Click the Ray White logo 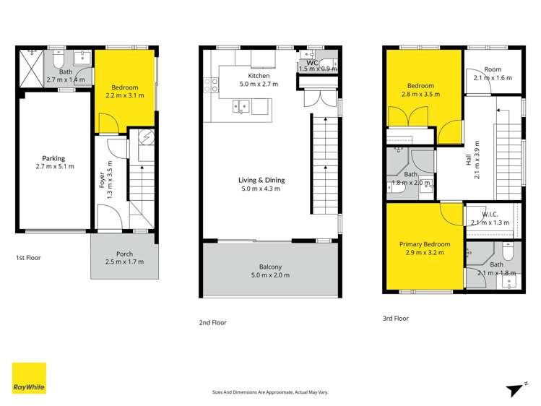click(29, 378)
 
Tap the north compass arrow click(514, 389)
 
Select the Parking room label click(53, 158)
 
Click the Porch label click(124, 254)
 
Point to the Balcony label click(269, 267)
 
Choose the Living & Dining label click(261, 180)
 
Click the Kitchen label click(259, 76)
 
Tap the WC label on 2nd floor click(313, 63)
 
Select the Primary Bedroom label click(425, 244)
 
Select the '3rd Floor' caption click(396, 318)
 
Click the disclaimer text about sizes click(270, 392)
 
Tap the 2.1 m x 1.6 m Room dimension click(493, 77)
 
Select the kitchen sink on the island click(241, 107)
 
